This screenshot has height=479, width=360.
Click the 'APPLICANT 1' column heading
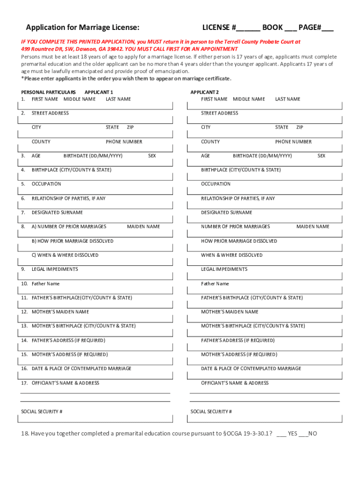[x=99, y=92]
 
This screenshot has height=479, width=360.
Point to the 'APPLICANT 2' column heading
[x=204, y=92]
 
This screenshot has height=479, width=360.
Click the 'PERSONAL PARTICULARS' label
[x=49, y=92]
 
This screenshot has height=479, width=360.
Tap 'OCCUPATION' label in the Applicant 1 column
[x=46, y=184]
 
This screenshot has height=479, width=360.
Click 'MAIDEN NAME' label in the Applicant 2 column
[x=313, y=227]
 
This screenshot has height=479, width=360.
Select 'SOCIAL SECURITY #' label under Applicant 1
[x=42, y=412]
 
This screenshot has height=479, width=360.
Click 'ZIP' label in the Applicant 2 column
[x=300, y=127]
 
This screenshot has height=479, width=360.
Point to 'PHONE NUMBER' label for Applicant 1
[x=124, y=142]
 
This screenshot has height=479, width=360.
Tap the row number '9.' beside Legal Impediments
[x=23, y=269]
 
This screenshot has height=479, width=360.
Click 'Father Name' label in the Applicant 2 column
[x=215, y=284]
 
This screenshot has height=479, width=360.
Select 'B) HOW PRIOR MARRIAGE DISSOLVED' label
[x=72, y=241]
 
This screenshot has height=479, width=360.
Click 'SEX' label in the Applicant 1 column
[x=152, y=156]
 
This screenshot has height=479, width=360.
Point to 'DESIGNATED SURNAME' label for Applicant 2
[x=227, y=213]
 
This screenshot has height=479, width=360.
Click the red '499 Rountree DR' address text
[x=43, y=49]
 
